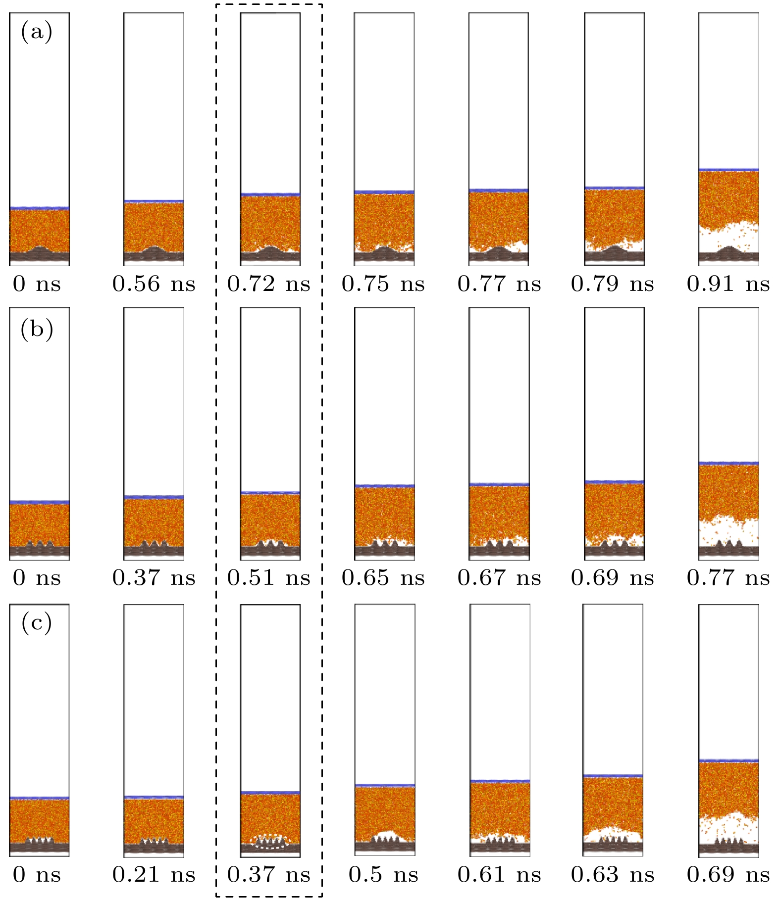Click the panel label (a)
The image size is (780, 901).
tap(36, 33)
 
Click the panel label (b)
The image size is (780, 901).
tap(36, 329)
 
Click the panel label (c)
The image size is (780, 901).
tap(36, 623)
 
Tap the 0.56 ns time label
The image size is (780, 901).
tap(154, 284)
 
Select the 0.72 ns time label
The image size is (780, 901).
tap(268, 284)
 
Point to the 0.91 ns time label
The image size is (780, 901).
tap(728, 284)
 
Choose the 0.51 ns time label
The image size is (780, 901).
tap(268, 577)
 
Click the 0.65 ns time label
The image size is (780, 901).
tap(383, 577)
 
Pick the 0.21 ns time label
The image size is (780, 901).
tap(154, 875)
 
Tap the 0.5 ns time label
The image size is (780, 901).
tap(383, 875)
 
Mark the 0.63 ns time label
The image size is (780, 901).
tap(613, 875)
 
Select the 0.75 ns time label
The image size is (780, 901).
tap(383, 284)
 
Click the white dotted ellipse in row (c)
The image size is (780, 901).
tap(269, 842)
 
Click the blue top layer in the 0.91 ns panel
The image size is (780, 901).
tap(728, 170)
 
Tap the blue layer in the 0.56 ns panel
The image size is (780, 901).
tap(154, 201)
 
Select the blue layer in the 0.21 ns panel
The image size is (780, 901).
tap(154, 797)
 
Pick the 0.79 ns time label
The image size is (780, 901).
tap(613, 284)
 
